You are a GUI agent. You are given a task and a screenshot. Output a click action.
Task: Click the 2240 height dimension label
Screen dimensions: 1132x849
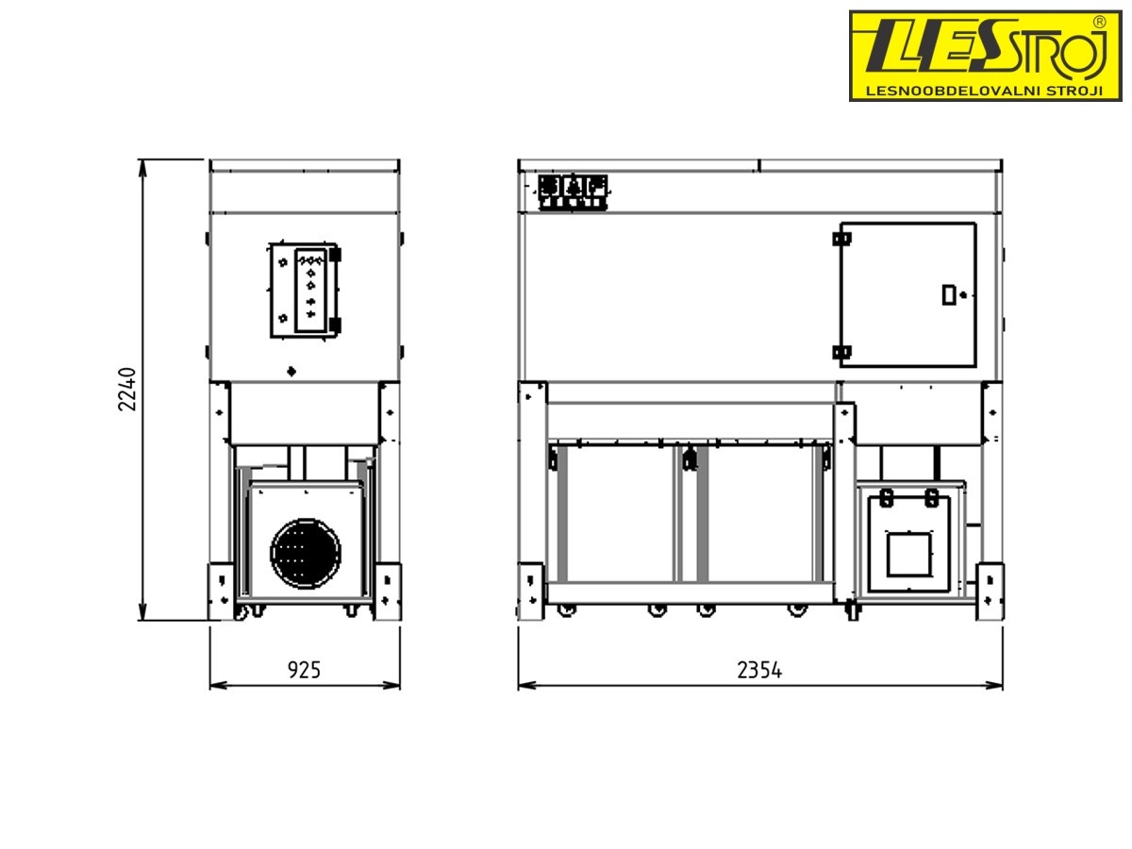click(x=126, y=390)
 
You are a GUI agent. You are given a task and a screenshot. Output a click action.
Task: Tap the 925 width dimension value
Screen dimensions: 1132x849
click(x=304, y=670)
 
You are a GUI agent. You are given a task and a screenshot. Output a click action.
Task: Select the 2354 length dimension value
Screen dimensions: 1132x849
click(x=759, y=670)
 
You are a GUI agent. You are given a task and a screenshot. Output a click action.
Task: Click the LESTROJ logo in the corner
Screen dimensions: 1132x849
click(x=985, y=56)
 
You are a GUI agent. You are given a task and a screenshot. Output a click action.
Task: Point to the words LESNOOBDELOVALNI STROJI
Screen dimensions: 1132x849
click(x=984, y=92)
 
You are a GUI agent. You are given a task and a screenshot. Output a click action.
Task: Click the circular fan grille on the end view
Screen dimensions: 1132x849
click(x=306, y=553)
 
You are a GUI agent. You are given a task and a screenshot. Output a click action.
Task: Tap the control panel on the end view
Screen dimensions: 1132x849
click(x=305, y=291)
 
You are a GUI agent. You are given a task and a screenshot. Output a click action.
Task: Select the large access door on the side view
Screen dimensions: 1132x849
click(x=907, y=294)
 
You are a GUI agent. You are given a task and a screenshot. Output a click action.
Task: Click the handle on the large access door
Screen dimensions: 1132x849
click(x=948, y=295)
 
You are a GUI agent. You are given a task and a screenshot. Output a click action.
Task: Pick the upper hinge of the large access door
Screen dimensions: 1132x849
click(x=841, y=239)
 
